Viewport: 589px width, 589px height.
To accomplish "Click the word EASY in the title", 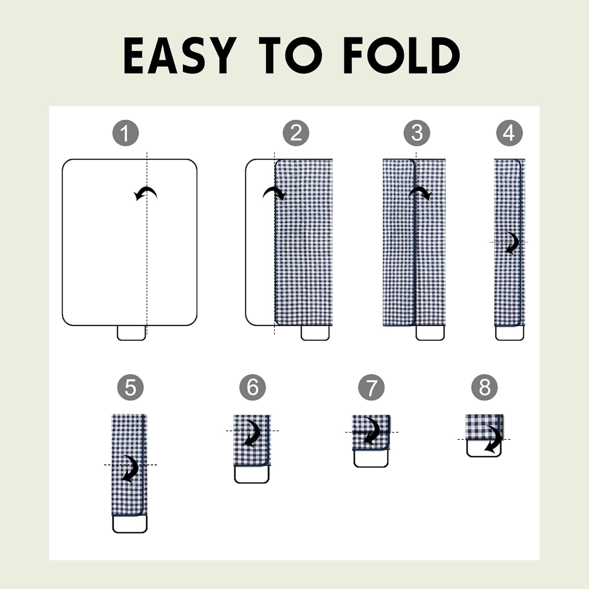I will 180,56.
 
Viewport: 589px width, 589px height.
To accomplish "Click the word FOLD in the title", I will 401,56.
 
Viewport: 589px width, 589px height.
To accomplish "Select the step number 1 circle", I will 126,133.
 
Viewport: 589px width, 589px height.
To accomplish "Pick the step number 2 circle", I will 296,133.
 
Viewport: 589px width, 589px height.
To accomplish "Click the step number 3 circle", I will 417,133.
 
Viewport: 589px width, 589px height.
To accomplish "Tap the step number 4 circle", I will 509,133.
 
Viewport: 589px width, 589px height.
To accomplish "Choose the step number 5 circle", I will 130,388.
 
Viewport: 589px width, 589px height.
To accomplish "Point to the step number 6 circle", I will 252,388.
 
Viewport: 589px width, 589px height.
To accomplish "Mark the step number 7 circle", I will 371,388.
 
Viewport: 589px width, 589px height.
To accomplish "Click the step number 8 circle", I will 485,388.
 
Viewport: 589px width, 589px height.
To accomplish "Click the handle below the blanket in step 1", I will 132,333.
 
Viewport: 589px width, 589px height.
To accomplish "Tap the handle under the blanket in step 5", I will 130,524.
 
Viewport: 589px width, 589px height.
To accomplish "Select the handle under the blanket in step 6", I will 252,474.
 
